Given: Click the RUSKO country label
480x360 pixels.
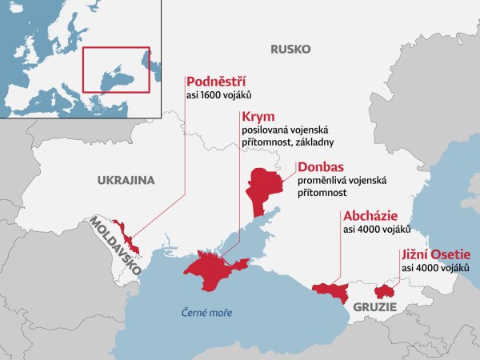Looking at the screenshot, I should (x=290, y=50).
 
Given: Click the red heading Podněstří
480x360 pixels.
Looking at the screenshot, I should (x=214, y=82).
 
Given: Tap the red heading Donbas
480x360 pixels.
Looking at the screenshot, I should (x=320, y=168).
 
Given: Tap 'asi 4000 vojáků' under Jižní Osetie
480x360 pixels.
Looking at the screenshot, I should (x=435, y=268).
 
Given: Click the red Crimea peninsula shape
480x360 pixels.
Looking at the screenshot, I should (x=210, y=272).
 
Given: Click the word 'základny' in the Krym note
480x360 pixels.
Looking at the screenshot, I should (x=310, y=142).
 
